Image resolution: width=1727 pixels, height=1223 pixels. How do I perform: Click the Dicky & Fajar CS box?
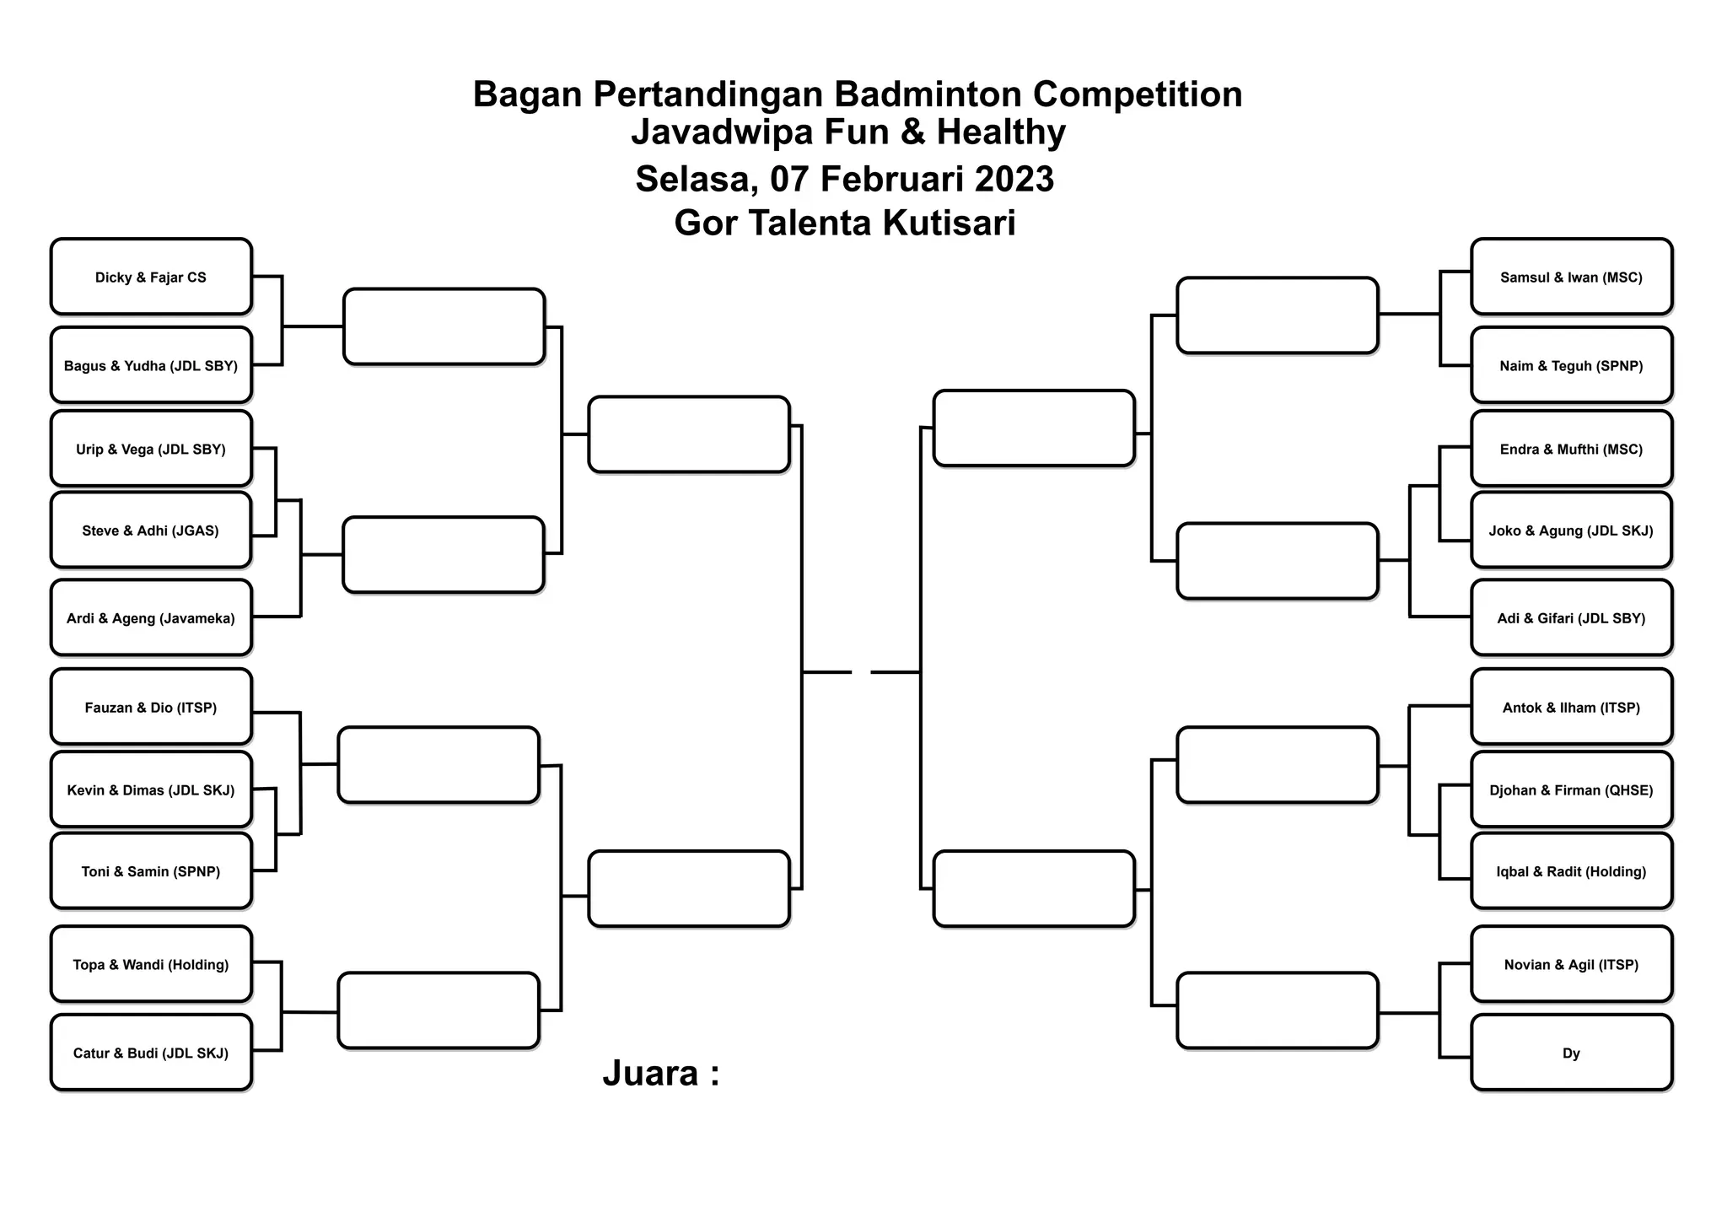point(151,277)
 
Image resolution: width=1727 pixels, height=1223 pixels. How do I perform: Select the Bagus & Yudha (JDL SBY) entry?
point(151,366)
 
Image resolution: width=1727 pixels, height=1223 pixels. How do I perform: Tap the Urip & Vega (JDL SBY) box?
point(151,450)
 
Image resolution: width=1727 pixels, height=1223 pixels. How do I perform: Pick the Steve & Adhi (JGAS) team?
point(151,531)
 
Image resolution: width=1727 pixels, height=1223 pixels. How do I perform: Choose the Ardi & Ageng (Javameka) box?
point(151,618)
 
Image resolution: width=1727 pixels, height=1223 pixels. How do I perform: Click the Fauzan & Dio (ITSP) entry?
point(151,708)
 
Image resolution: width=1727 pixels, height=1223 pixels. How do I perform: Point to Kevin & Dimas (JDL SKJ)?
point(151,790)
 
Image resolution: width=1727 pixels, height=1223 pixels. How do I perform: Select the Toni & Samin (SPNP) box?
point(151,871)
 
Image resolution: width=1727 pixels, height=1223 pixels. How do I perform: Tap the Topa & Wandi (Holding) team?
point(151,965)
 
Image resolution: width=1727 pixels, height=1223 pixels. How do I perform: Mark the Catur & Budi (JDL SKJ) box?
point(151,1053)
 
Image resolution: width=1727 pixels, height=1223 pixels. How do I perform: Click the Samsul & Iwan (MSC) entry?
point(1571,277)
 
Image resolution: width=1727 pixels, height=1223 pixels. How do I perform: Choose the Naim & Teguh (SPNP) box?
point(1571,366)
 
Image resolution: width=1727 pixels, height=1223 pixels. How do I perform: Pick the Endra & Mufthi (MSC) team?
point(1571,450)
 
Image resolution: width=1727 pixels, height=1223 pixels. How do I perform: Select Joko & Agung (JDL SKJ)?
point(1571,531)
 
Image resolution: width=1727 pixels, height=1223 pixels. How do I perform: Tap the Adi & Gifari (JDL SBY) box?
point(1571,618)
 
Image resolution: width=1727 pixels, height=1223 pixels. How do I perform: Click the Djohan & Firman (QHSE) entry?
point(1571,790)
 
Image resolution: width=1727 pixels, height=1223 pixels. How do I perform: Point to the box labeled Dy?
point(1571,1053)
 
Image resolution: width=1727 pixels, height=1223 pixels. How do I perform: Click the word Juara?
point(650,1073)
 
